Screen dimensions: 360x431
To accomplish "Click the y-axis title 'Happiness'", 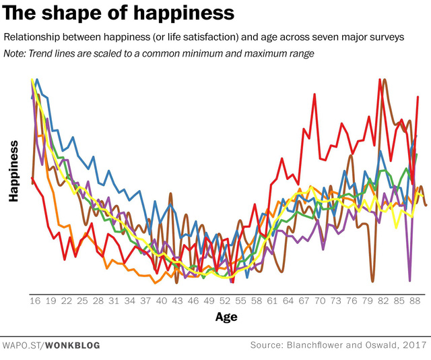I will (x=13, y=171).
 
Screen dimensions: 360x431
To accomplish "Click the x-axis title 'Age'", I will (x=226, y=317).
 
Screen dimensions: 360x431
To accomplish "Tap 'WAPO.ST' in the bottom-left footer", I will (x=23, y=345).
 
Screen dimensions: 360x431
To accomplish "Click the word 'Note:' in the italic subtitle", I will (x=16, y=54).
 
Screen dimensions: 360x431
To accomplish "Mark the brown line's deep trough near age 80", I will (x=372, y=280).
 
